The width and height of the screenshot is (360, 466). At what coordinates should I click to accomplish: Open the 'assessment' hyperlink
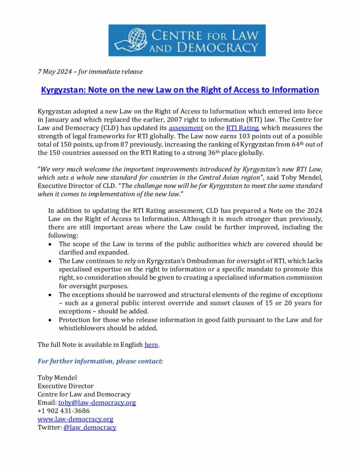point(186,128)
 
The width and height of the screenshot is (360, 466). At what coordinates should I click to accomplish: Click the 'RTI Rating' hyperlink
point(242,128)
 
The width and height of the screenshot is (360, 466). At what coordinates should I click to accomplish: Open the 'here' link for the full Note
point(151,344)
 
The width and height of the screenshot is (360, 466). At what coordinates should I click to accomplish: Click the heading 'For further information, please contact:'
point(100,361)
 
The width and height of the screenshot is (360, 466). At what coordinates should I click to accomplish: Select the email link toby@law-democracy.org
point(97,403)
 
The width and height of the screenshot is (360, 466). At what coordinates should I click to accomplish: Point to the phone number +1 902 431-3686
point(63,411)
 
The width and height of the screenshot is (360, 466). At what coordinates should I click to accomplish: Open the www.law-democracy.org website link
point(75,419)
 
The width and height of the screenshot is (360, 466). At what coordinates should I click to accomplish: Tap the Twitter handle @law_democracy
point(90,427)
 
